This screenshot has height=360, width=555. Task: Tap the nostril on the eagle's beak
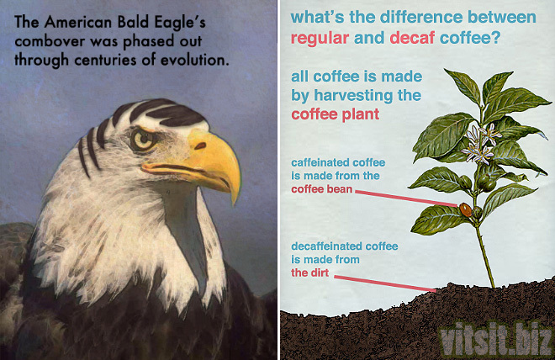[200, 146]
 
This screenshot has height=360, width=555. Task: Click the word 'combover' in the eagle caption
[50, 41]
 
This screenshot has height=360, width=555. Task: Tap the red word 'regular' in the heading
[320, 38]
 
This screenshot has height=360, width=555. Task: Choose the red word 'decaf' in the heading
[412, 37]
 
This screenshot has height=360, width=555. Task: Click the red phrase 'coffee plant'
[336, 114]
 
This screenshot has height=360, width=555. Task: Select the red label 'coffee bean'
[322, 189]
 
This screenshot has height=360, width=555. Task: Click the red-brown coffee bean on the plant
[465, 209]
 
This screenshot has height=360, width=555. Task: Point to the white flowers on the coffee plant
[479, 143]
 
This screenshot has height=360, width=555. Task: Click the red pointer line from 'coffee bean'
[407, 199]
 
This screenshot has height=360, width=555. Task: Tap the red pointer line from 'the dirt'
[385, 283]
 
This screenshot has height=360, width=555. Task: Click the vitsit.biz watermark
[495, 338]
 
